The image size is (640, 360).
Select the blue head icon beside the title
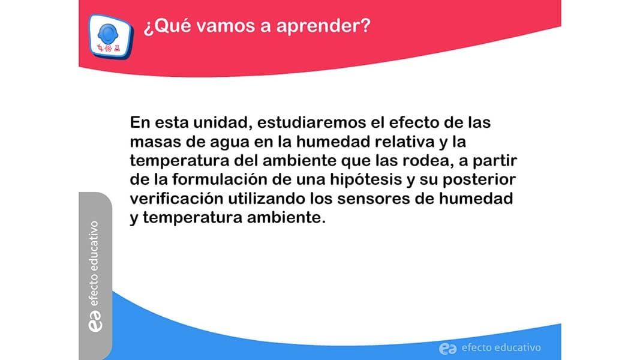pyautogui.click(x=108, y=34)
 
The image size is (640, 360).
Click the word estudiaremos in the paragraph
pyautogui.click(x=312, y=122)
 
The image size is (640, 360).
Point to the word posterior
pyautogui.click(x=479, y=180)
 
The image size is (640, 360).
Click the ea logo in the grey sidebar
pyautogui.click(x=95, y=321)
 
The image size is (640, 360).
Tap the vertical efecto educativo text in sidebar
pyautogui.click(x=94, y=263)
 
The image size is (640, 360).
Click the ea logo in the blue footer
pyautogui.click(x=447, y=349)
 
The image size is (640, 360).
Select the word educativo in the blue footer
pyautogui.click(x=518, y=348)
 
